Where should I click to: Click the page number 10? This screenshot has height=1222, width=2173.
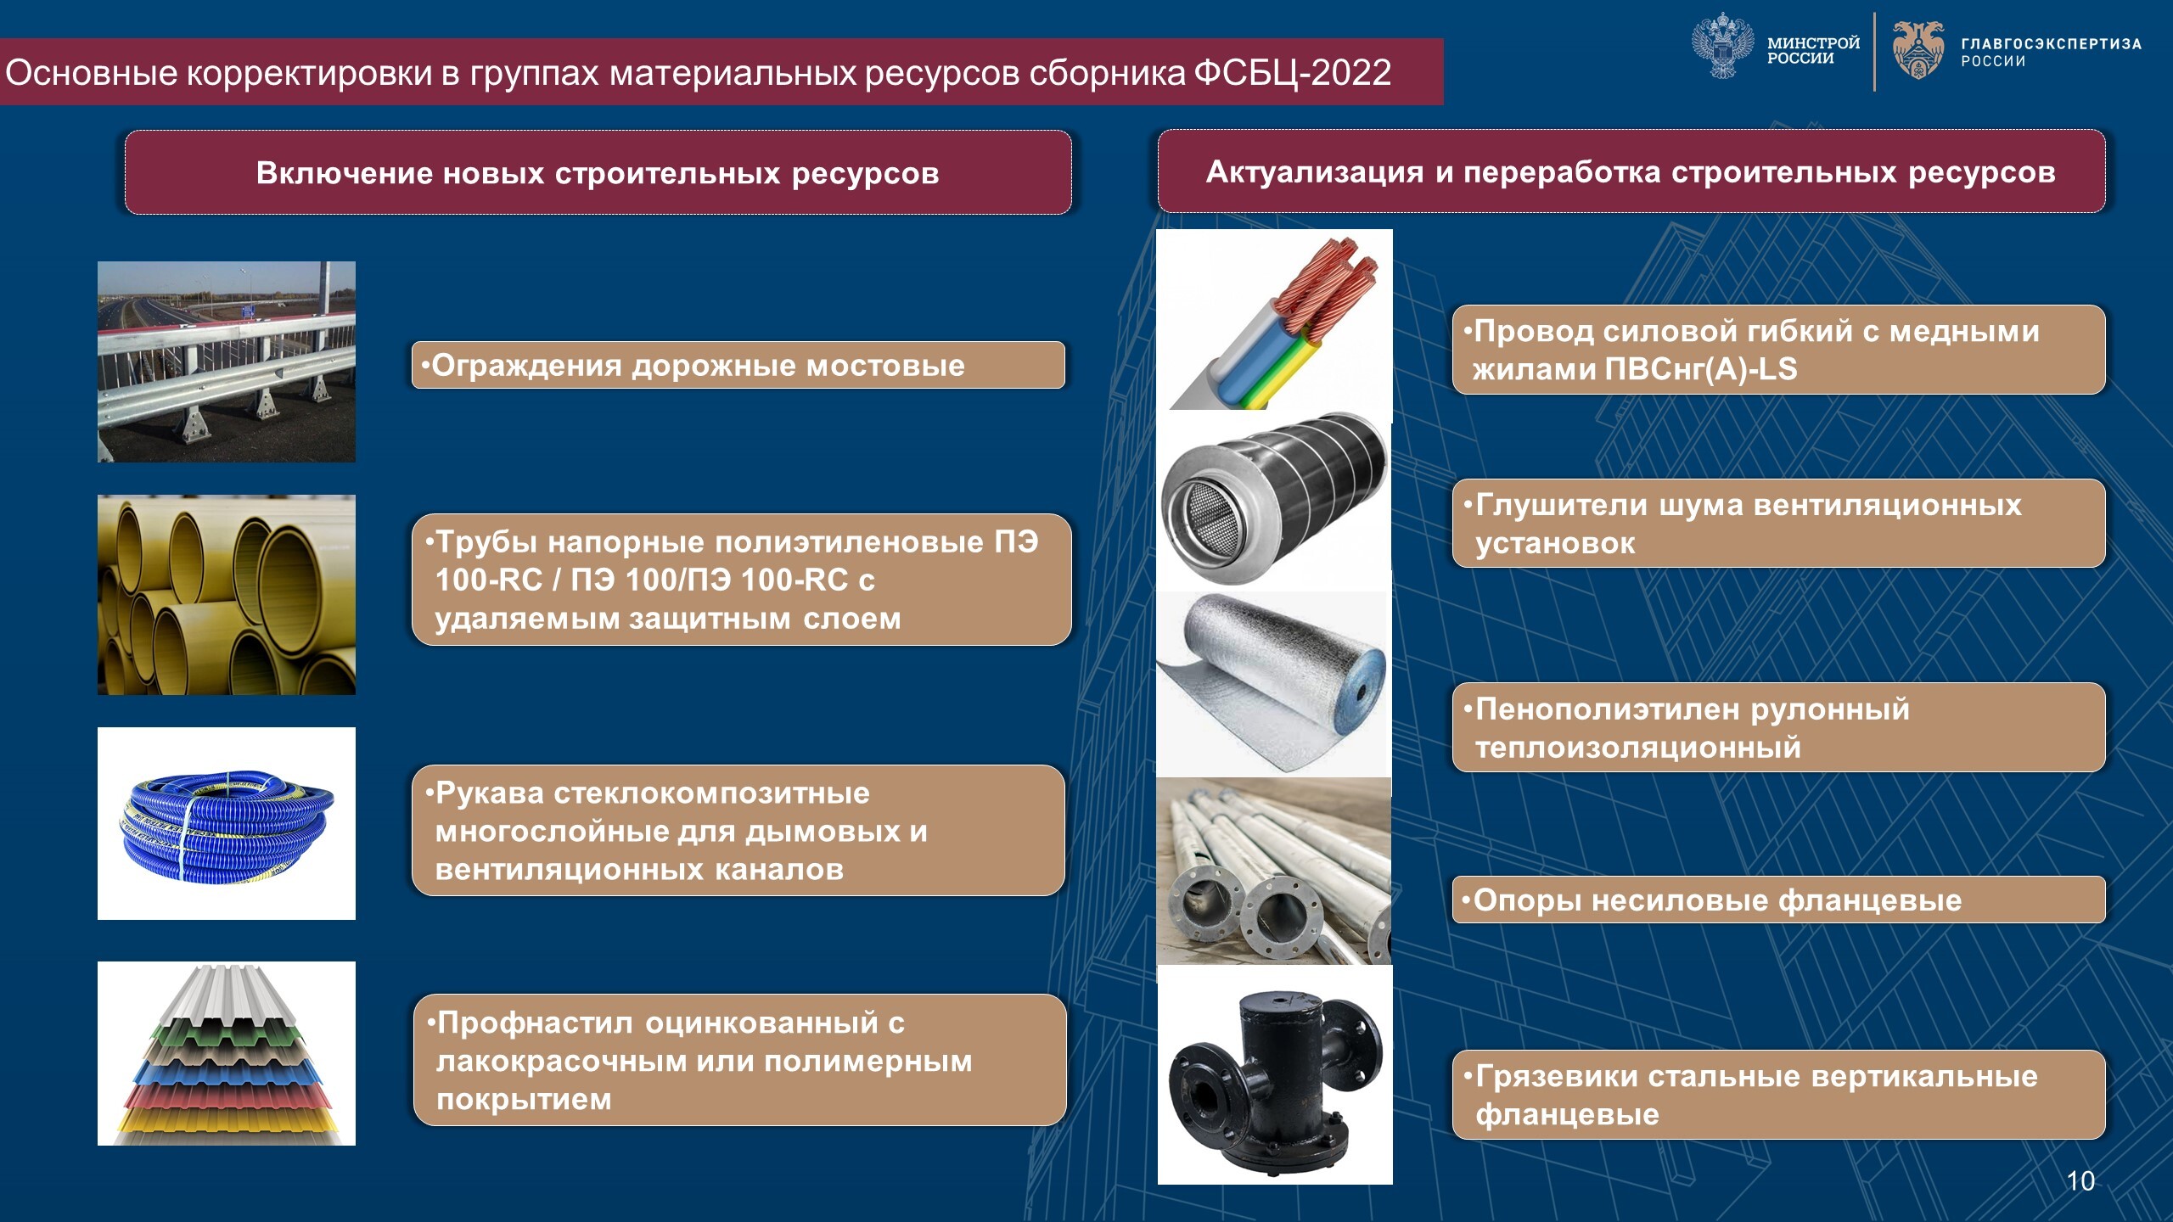pyautogui.click(x=2080, y=1180)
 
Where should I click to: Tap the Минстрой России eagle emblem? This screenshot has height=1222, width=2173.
pyautogui.click(x=1723, y=46)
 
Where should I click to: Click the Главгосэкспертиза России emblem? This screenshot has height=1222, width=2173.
pyautogui.click(x=1918, y=50)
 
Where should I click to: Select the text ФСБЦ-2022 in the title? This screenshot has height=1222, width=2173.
pyautogui.click(x=1293, y=72)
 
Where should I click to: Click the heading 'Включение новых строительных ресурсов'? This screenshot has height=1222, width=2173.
pyautogui.click(x=598, y=173)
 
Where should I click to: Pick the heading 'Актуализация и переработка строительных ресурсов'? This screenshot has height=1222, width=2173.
pyautogui.click(x=1631, y=172)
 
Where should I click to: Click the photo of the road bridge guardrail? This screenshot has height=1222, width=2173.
pyautogui.click(x=227, y=362)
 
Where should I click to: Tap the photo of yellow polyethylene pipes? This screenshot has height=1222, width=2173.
pyautogui.click(x=227, y=595)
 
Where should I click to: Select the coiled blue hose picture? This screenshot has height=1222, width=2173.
pyautogui.click(x=227, y=823)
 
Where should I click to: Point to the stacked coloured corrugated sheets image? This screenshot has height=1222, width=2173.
pyautogui.click(x=227, y=1053)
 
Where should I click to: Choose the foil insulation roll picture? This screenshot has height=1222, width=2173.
pyautogui.click(x=1272, y=683)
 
